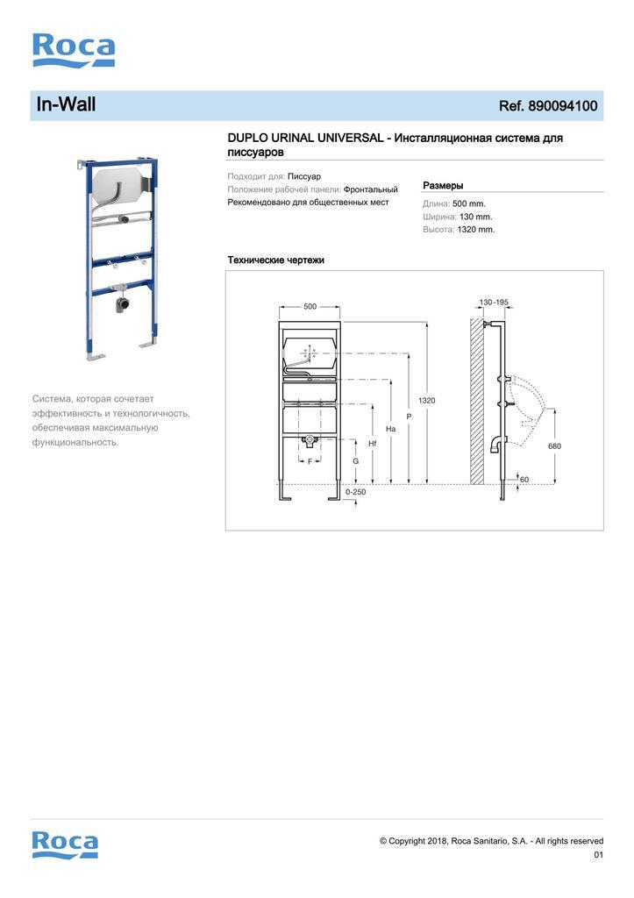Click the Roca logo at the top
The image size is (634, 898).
(x=74, y=50)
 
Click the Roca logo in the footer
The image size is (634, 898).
(x=65, y=844)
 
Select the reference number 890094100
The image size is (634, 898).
(x=561, y=106)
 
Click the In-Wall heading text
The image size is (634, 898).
(x=66, y=105)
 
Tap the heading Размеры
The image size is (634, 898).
(x=443, y=185)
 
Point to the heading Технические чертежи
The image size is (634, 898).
(x=275, y=260)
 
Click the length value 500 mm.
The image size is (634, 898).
(x=468, y=203)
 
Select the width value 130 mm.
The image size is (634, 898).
(x=475, y=217)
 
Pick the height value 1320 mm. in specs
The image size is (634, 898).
(x=475, y=230)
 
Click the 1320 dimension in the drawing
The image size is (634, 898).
(x=426, y=400)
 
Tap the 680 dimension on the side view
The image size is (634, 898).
(x=554, y=445)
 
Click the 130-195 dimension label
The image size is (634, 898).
(x=494, y=303)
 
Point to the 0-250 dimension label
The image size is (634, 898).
(x=355, y=492)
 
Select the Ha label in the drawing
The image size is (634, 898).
(x=390, y=429)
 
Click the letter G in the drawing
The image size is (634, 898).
(x=355, y=460)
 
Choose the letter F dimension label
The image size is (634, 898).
(x=310, y=460)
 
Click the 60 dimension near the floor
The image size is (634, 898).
(x=524, y=480)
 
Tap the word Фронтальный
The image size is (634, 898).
(x=370, y=189)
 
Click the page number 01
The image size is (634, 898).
(x=598, y=855)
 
